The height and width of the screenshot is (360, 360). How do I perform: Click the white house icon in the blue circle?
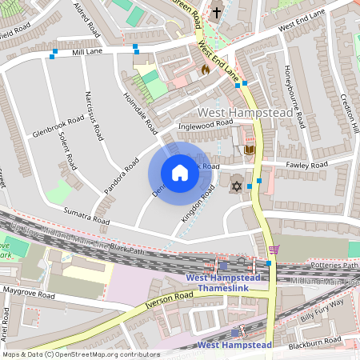click(180, 173)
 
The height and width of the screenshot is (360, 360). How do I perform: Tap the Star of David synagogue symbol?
click(236, 186)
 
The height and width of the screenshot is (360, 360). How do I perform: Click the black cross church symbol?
click(217, 12)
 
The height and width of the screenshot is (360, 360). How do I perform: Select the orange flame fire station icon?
click(204, 70)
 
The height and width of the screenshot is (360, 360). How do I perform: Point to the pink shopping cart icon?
click(274, 250)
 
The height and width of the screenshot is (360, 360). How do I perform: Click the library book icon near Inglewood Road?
click(250, 150)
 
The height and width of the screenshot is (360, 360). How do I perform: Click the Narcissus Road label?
click(94, 116)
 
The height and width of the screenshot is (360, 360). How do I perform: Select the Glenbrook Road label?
click(59, 129)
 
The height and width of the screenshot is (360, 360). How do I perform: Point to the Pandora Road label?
click(117, 178)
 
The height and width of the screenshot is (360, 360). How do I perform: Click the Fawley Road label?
click(307, 165)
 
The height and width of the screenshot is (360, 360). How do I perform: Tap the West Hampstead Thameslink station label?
click(219, 283)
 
